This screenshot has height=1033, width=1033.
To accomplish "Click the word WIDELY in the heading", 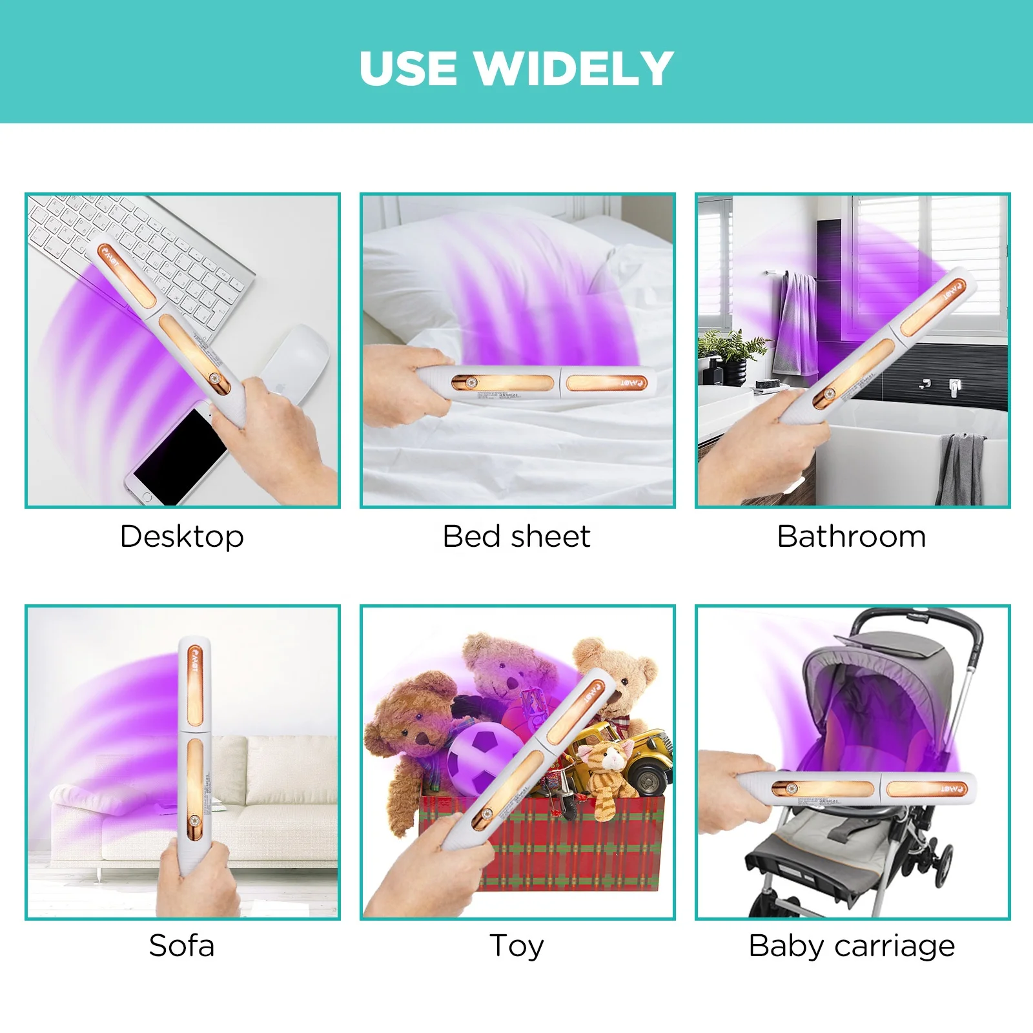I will pyautogui.click(x=575, y=68).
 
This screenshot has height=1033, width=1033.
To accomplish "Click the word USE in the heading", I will pyautogui.click(x=408, y=68).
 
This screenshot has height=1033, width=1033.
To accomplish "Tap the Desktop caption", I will pyautogui.click(x=182, y=537).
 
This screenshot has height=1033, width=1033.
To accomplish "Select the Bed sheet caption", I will pyautogui.click(x=516, y=537).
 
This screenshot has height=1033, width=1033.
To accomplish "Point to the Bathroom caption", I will pyautogui.click(x=852, y=537).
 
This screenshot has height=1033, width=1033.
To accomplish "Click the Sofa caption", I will pyautogui.click(x=181, y=946).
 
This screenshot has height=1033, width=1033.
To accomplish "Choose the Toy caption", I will pyautogui.click(x=516, y=946).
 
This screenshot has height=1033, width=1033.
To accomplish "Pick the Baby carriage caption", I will pyautogui.click(x=852, y=946).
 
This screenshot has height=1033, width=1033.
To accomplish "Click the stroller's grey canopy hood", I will pyautogui.click(x=878, y=684).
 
